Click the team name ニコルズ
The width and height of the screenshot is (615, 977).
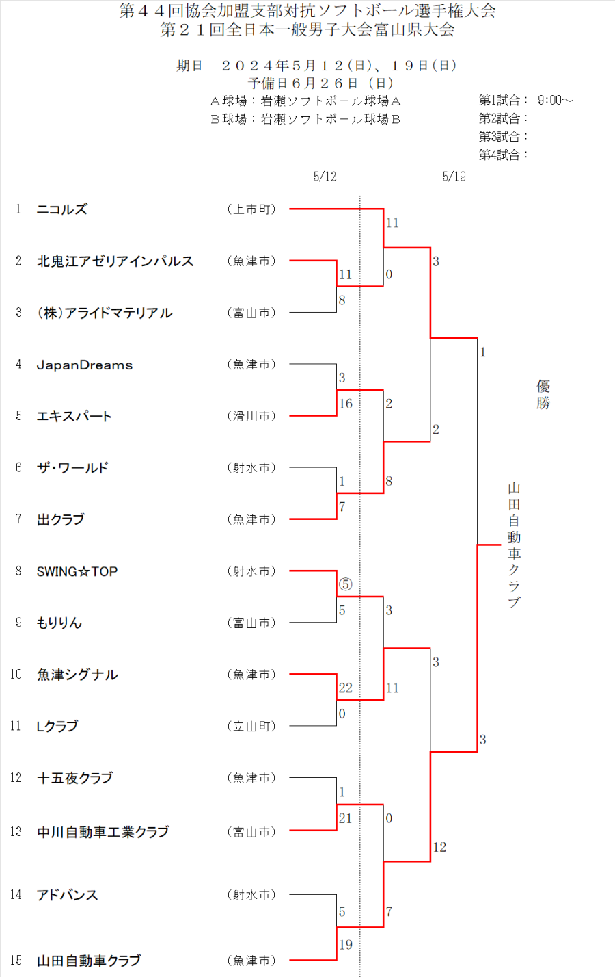62,209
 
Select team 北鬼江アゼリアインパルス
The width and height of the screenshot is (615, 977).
115,261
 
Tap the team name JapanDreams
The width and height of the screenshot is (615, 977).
85,365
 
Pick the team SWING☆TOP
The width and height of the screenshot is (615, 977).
77,571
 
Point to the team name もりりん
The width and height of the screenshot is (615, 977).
59,623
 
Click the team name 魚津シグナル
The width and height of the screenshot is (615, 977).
77,675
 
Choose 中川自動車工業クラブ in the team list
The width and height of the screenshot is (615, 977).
102,832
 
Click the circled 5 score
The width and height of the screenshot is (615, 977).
345,584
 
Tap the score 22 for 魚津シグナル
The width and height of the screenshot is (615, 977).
345,688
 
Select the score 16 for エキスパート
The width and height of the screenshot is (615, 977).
346,404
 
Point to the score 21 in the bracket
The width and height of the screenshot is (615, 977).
345,818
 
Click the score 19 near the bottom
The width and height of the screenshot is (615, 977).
346,945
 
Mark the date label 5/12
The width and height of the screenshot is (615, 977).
325,177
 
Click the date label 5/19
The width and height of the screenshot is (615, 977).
454,177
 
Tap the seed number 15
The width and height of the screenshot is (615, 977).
16,961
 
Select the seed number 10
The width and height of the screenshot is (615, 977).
16,675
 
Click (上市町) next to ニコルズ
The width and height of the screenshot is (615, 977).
251,209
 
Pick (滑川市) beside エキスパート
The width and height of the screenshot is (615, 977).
251,416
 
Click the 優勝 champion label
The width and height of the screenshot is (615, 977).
543,394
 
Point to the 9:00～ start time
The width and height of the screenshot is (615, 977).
555,101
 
